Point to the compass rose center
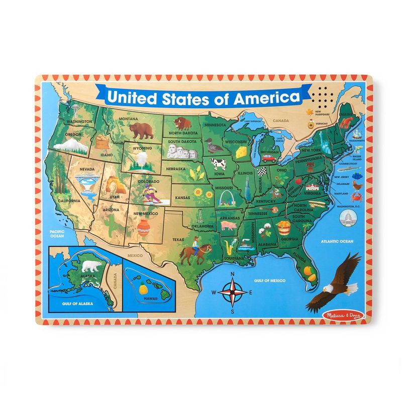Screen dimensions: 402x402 [x=233, y=291]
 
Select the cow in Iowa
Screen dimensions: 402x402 [x=219, y=163]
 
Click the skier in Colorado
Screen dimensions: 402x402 [x=151, y=193]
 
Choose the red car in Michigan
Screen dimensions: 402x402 [x=269, y=158]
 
